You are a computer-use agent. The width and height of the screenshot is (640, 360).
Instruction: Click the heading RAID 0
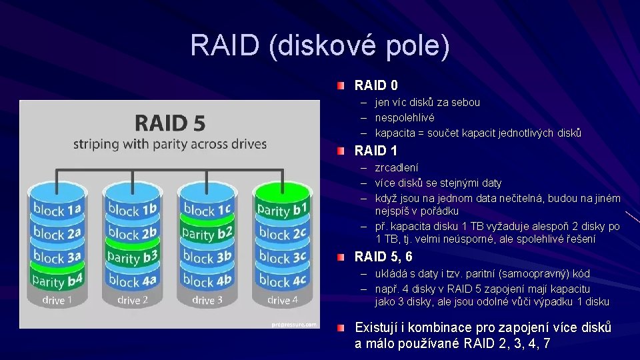click(x=376, y=85)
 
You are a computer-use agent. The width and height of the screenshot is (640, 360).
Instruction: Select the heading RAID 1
click(x=375, y=151)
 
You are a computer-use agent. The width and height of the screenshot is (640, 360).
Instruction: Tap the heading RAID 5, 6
click(x=383, y=257)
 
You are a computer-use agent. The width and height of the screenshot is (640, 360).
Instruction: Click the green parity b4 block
click(x=57, y=280)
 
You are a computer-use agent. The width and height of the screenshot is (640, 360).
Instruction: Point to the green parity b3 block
click(x=132, y=257)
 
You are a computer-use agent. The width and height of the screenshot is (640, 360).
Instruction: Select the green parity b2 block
click(x=207, y=233)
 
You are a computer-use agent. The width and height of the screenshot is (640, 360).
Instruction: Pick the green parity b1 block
click(x=283, y=210)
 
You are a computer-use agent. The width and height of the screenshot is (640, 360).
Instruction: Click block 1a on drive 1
click(x=57, y=210)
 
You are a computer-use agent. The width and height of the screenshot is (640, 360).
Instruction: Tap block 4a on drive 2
click(x=132, y=281)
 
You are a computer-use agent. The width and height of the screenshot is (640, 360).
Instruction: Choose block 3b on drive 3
click(x=207, y=257)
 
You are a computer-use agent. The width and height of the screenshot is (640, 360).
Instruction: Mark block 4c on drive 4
click(x=283, y=281)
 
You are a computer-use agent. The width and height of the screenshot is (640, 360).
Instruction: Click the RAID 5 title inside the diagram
click(x=170, y=123)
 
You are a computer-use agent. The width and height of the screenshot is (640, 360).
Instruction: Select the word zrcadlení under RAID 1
click(x=397, y=167)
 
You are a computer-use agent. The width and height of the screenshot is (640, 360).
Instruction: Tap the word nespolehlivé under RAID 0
click(x=405, y=117)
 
